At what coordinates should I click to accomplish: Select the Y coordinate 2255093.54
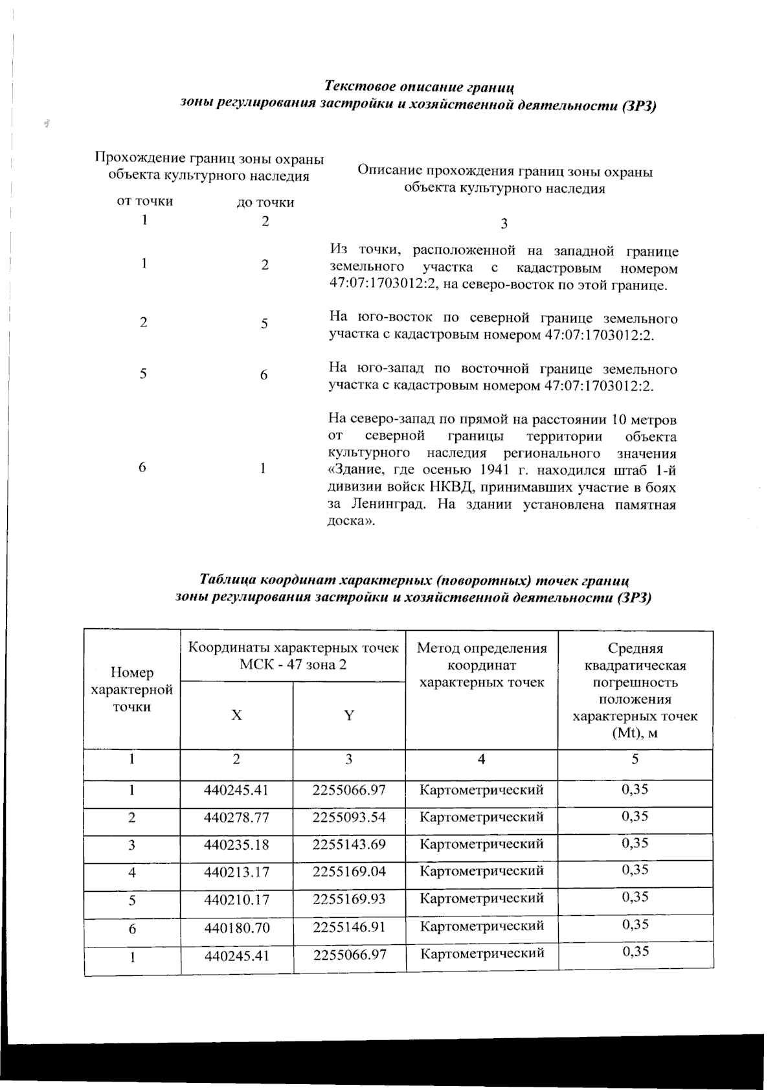point(348,817)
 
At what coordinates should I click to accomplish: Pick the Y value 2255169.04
point(348,872)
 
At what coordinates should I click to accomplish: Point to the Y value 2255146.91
point(348,927)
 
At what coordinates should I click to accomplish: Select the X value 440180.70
point(236,928)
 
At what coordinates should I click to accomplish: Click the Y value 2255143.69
point(348,845)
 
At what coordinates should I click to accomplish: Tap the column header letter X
point(237,715)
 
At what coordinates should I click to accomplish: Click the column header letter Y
point(349,715)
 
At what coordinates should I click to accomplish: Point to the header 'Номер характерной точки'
point(132,690)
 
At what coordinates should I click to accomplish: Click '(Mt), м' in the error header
point(635,733)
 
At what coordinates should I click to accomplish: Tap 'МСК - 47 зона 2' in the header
point(293,664)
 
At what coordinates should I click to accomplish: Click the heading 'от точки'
point(144,201)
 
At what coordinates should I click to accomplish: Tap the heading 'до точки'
point(265,202)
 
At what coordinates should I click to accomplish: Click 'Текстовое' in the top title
point(359,87)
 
